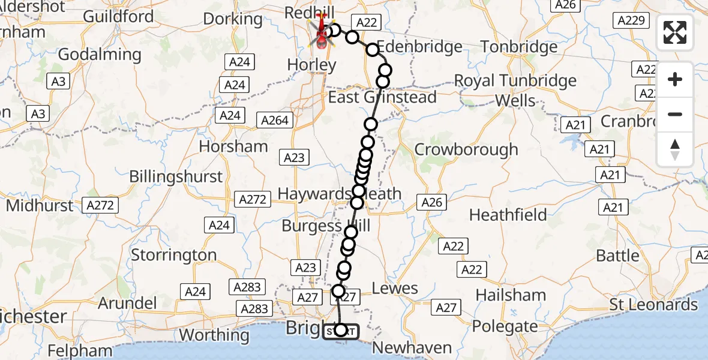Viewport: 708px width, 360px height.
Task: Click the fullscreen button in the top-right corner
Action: click(675, 32)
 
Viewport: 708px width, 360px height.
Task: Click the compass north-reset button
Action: click(675, 149)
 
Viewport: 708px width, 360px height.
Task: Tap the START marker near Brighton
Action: click(341, 331)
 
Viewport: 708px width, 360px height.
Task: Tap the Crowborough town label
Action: click(466, 149)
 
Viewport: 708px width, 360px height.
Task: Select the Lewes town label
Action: click(395, 288)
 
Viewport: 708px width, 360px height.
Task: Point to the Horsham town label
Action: click(233, 146)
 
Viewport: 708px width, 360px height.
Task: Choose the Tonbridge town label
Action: click(519, 47)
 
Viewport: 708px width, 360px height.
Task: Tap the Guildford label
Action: click(118, 16)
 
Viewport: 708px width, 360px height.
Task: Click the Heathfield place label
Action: click(508, 215)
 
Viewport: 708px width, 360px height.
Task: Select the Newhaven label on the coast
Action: click(412, 347)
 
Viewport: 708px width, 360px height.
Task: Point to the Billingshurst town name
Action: click(176, 177)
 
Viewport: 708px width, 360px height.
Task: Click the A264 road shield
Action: click(275, 121)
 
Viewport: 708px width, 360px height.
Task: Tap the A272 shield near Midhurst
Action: click(100, 205)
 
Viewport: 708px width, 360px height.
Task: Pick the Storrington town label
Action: click(174, 255)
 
